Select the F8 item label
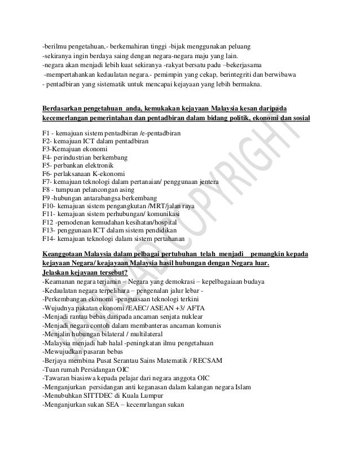coord(47,191)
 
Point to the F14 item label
coord(49,239)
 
